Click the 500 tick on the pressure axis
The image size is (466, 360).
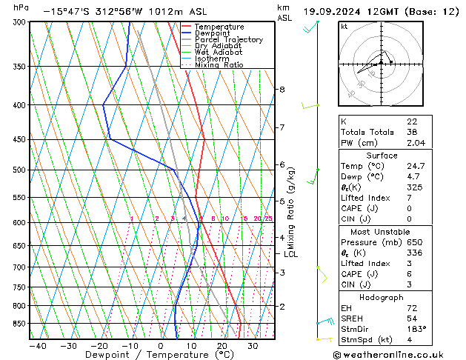16,170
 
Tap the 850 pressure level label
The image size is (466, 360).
16,323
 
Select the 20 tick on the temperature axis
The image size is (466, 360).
222,345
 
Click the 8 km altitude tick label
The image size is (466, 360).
282,90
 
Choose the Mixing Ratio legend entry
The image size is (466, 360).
219,65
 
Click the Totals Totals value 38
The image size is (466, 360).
412,132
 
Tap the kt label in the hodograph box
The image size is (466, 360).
344,27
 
